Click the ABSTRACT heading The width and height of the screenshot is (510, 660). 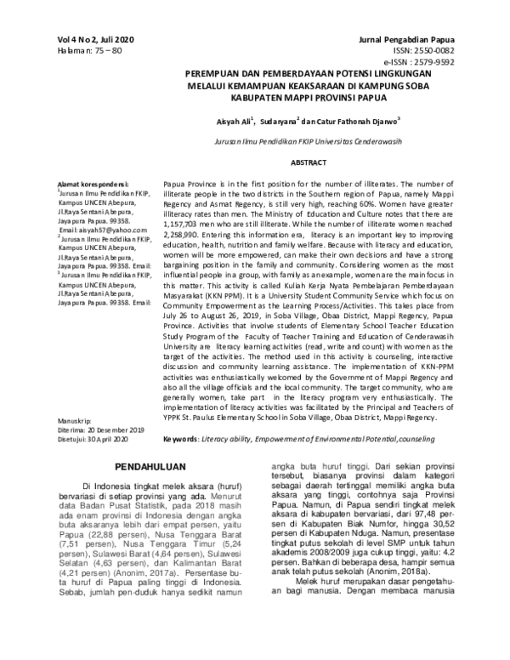pyautogui.click(x=286, y=162)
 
